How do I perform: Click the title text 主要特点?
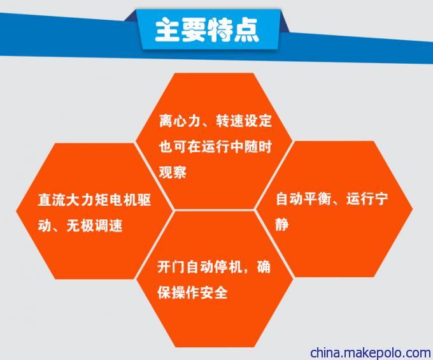[x=207, y=30]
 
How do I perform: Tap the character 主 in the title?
[x=167, y=30]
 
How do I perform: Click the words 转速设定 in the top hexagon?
[x=244, y=120]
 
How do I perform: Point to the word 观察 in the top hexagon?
[x=173, y=172]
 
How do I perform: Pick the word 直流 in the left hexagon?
[x=52, y=199]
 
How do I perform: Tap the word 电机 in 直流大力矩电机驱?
[x=122, y=199]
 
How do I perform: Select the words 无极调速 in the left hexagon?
[x=94, y=226]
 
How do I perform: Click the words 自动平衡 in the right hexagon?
[x=304, y=199]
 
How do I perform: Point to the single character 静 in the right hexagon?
[x=282, y=224]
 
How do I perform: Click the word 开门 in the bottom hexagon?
[x=171, y=267]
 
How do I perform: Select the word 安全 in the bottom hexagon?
[x=214, y=292]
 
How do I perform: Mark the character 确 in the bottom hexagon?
[x=264, y=267]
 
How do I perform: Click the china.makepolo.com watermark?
[x=371, y=352]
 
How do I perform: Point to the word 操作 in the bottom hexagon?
[x=185, y=292]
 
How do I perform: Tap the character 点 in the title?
[x=246, y=30]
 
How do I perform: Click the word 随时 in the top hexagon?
[x=258, y=146]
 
